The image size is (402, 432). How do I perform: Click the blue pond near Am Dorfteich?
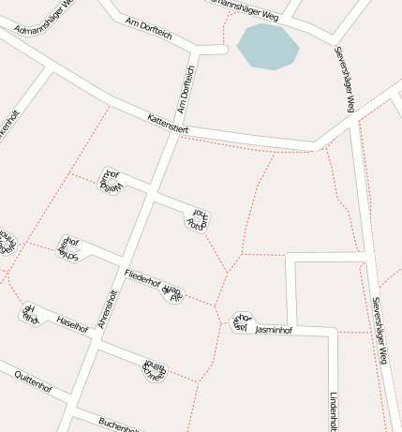click(267, 47)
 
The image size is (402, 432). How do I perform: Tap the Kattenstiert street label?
click(169, 122)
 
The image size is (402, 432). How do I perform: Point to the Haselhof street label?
click(72, 323)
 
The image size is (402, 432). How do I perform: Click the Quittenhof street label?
click(33, 380)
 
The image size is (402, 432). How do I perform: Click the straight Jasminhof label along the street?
click(275, 330)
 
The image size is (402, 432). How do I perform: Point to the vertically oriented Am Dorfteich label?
click(186, 89)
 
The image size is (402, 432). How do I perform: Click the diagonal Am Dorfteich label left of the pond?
click(148, 29)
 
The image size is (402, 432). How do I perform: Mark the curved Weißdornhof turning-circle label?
click(112, 180)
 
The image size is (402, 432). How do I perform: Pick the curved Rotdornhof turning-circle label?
click(197, 219)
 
